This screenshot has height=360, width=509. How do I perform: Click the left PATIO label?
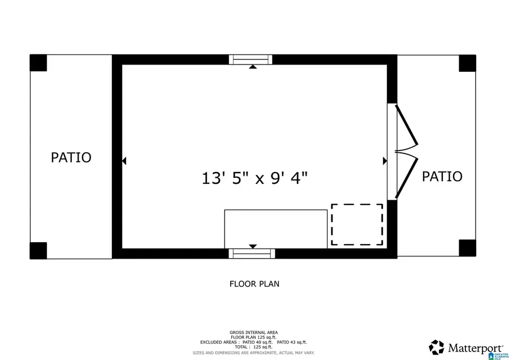point(71,157)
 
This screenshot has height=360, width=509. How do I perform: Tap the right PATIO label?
point(442,176)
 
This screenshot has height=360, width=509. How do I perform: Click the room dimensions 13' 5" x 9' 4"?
point(255,178)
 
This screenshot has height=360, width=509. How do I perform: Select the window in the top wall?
point(251,59)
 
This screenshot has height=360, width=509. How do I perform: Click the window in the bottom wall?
point(252,254)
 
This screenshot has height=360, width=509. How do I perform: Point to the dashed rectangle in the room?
point(357,225)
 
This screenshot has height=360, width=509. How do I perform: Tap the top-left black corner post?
point(38,63)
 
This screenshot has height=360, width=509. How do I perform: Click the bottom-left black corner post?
point(38,250)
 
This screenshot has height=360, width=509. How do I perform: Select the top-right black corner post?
point(467,63)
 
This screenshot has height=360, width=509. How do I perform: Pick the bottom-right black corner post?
point(467,248)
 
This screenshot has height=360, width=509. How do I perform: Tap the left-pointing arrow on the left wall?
point(124,161)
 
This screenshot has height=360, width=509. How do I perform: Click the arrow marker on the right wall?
point(385,161)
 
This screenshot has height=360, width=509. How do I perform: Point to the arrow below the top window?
point(253,67)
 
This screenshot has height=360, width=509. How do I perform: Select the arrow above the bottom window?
point(253,246)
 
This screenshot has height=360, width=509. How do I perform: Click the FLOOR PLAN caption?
point(255,284)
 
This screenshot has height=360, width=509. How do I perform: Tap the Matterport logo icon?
point(436,346)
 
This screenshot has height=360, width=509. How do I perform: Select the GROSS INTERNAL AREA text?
point(253,332)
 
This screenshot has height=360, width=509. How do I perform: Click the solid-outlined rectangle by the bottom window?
point(275,229)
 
